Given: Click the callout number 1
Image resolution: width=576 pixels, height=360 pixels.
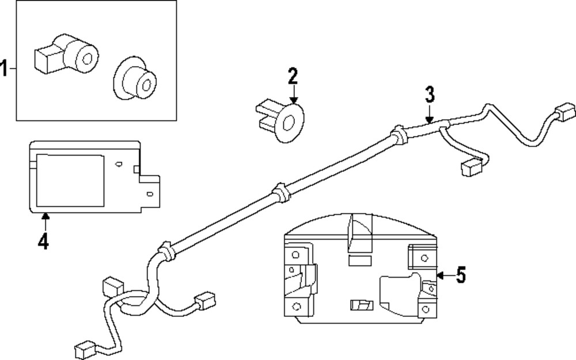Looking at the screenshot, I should click(5, 70).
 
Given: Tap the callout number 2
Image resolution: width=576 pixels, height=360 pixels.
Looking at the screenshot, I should click(293, 75).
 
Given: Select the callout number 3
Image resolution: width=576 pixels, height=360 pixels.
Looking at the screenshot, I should click(430, 94).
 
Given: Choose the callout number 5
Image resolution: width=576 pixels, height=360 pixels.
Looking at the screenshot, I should click(460, 276).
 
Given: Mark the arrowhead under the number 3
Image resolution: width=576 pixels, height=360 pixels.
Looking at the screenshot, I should click(430, 119).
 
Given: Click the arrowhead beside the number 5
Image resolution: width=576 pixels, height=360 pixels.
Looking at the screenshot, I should click(439, 276).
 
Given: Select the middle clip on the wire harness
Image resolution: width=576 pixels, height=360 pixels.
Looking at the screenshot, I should click(280, 192).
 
